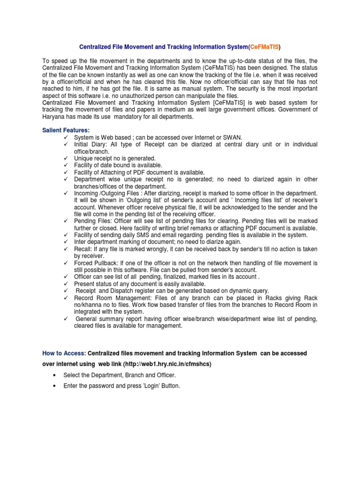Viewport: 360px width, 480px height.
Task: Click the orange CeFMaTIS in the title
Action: (264, 47)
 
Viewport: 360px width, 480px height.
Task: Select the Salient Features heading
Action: (66, 130)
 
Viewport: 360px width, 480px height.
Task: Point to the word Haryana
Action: (55, 117)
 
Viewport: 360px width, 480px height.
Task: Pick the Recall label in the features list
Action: (83, 249)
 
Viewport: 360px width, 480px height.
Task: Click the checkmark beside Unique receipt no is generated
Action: (66, 158)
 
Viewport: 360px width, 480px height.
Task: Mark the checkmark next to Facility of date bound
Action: (66, 165)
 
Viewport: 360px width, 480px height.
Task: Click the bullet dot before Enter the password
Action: (56, 386)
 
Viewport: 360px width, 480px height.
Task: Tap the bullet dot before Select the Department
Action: (56, 375)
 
